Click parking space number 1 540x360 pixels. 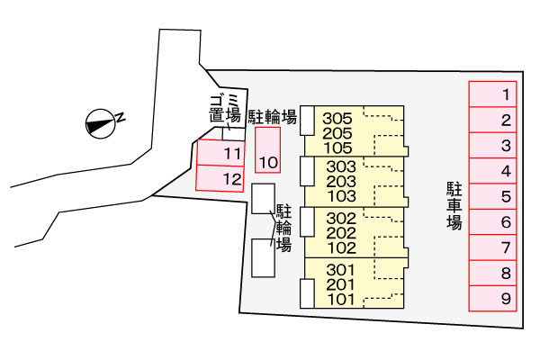tap(493, 94)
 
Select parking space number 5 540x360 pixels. tap(493, 196)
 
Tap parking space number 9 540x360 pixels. tap(493, 299)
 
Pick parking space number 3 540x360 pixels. tap(493, 146)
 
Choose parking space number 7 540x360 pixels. tap(493, 247)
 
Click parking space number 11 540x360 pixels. tap(220, 153)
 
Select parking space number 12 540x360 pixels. tap(220, 179)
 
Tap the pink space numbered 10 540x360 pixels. tap(268, 150)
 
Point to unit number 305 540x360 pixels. tap(337, 119)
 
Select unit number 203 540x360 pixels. tap(342, 181)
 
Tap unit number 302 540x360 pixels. tap(342, 218)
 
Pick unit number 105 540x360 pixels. tap(337, 148)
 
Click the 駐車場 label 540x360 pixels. tap(454, 205)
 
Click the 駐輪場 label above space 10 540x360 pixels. tap(273, 116)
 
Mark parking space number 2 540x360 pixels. tap(493, 120)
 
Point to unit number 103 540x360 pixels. tap(342, 195)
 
